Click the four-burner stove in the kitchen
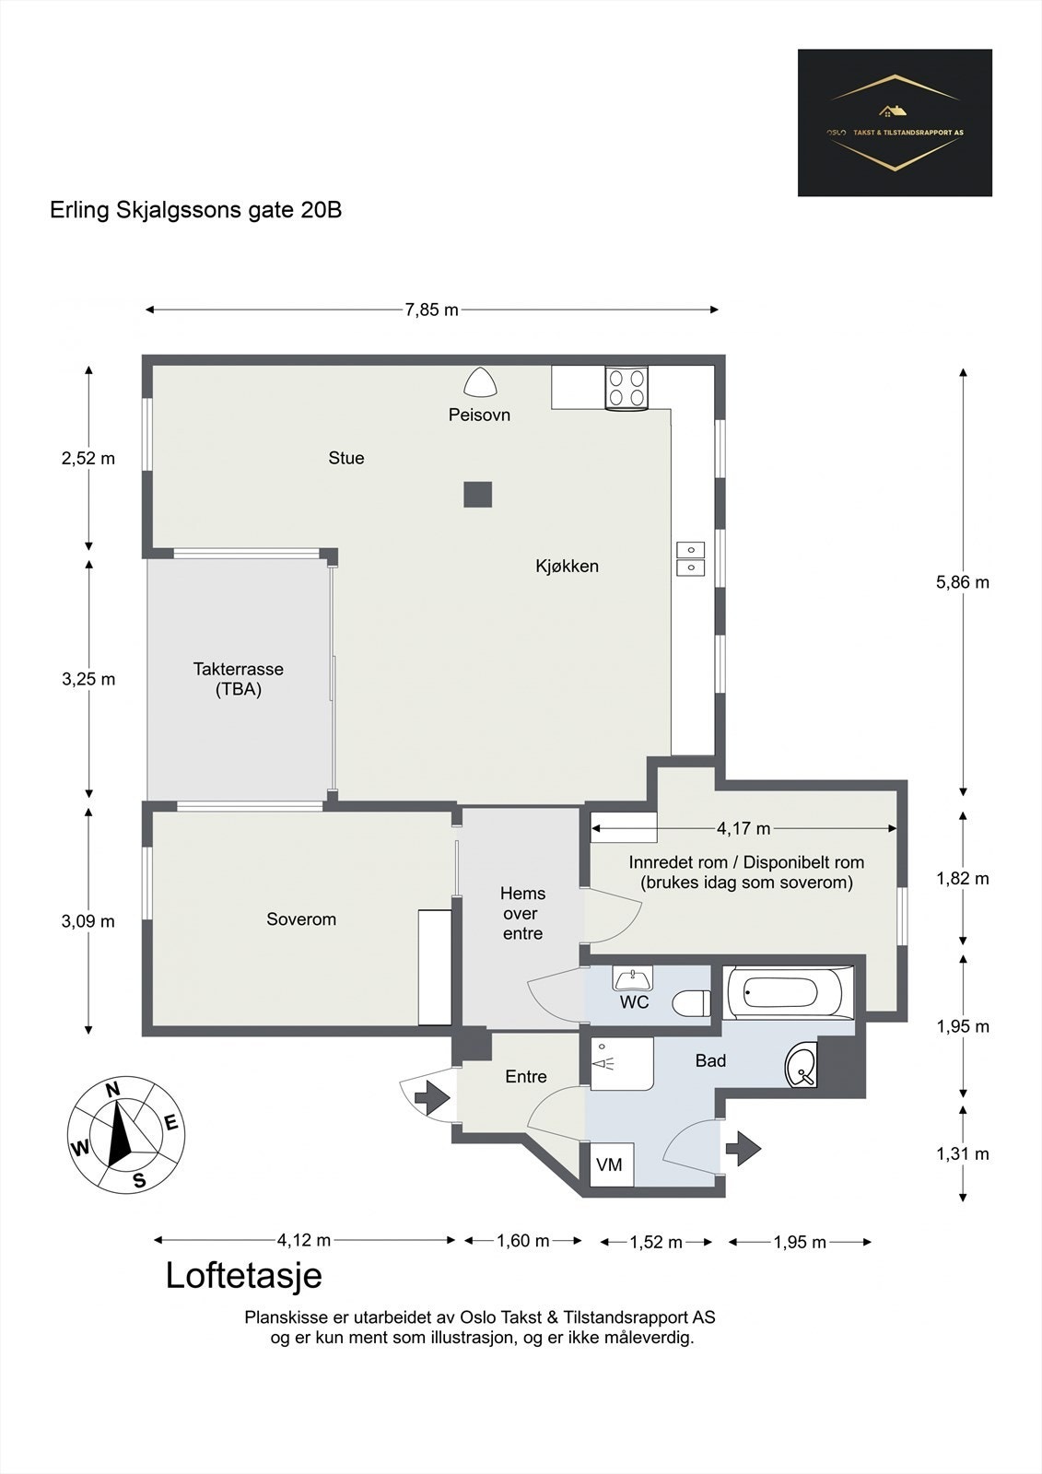[x=626, y=388]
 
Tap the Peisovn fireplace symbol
[x=480, y=382]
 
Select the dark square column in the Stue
[x=478, y=494]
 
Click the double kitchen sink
[x=690, y=558]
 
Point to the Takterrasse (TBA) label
[x=239, y=679]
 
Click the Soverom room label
[x=301, y=919]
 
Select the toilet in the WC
[x=691, y=1003]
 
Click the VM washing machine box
[x=611, y=1164]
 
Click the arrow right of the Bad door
[x=743, y=1148]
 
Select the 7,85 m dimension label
[x=432, y=310]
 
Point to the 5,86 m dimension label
[x=963, y=581]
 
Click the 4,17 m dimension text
[x=743, y=828]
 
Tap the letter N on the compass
[x=113, y=1090]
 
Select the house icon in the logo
[x=893, y=111]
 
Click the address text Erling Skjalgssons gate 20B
[x=196, y=211]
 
